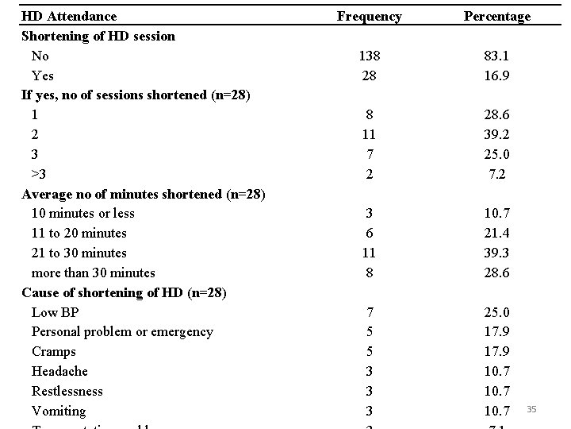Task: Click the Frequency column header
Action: [369, 16]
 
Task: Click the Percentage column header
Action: [497, 16]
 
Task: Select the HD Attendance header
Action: [69, 16]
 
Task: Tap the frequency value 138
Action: [369, 56]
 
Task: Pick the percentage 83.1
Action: [497, 56]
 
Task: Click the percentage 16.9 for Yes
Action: [497, 75]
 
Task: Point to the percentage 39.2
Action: [497, 134]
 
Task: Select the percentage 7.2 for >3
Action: [497, 174]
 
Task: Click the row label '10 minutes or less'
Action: [83, 213]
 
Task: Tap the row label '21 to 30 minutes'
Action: [79, 253]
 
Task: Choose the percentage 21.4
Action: [497, 233]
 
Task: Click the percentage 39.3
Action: [497, 253]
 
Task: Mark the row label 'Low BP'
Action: [55, 312]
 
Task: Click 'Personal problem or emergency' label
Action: [122, 331]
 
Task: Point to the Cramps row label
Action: [54, 351]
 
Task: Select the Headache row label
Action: [59, 371]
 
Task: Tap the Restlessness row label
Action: [67, 391]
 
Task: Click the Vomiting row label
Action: [59, 411]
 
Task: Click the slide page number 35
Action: [531, 409]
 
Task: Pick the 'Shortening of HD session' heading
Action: [98, 36]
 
